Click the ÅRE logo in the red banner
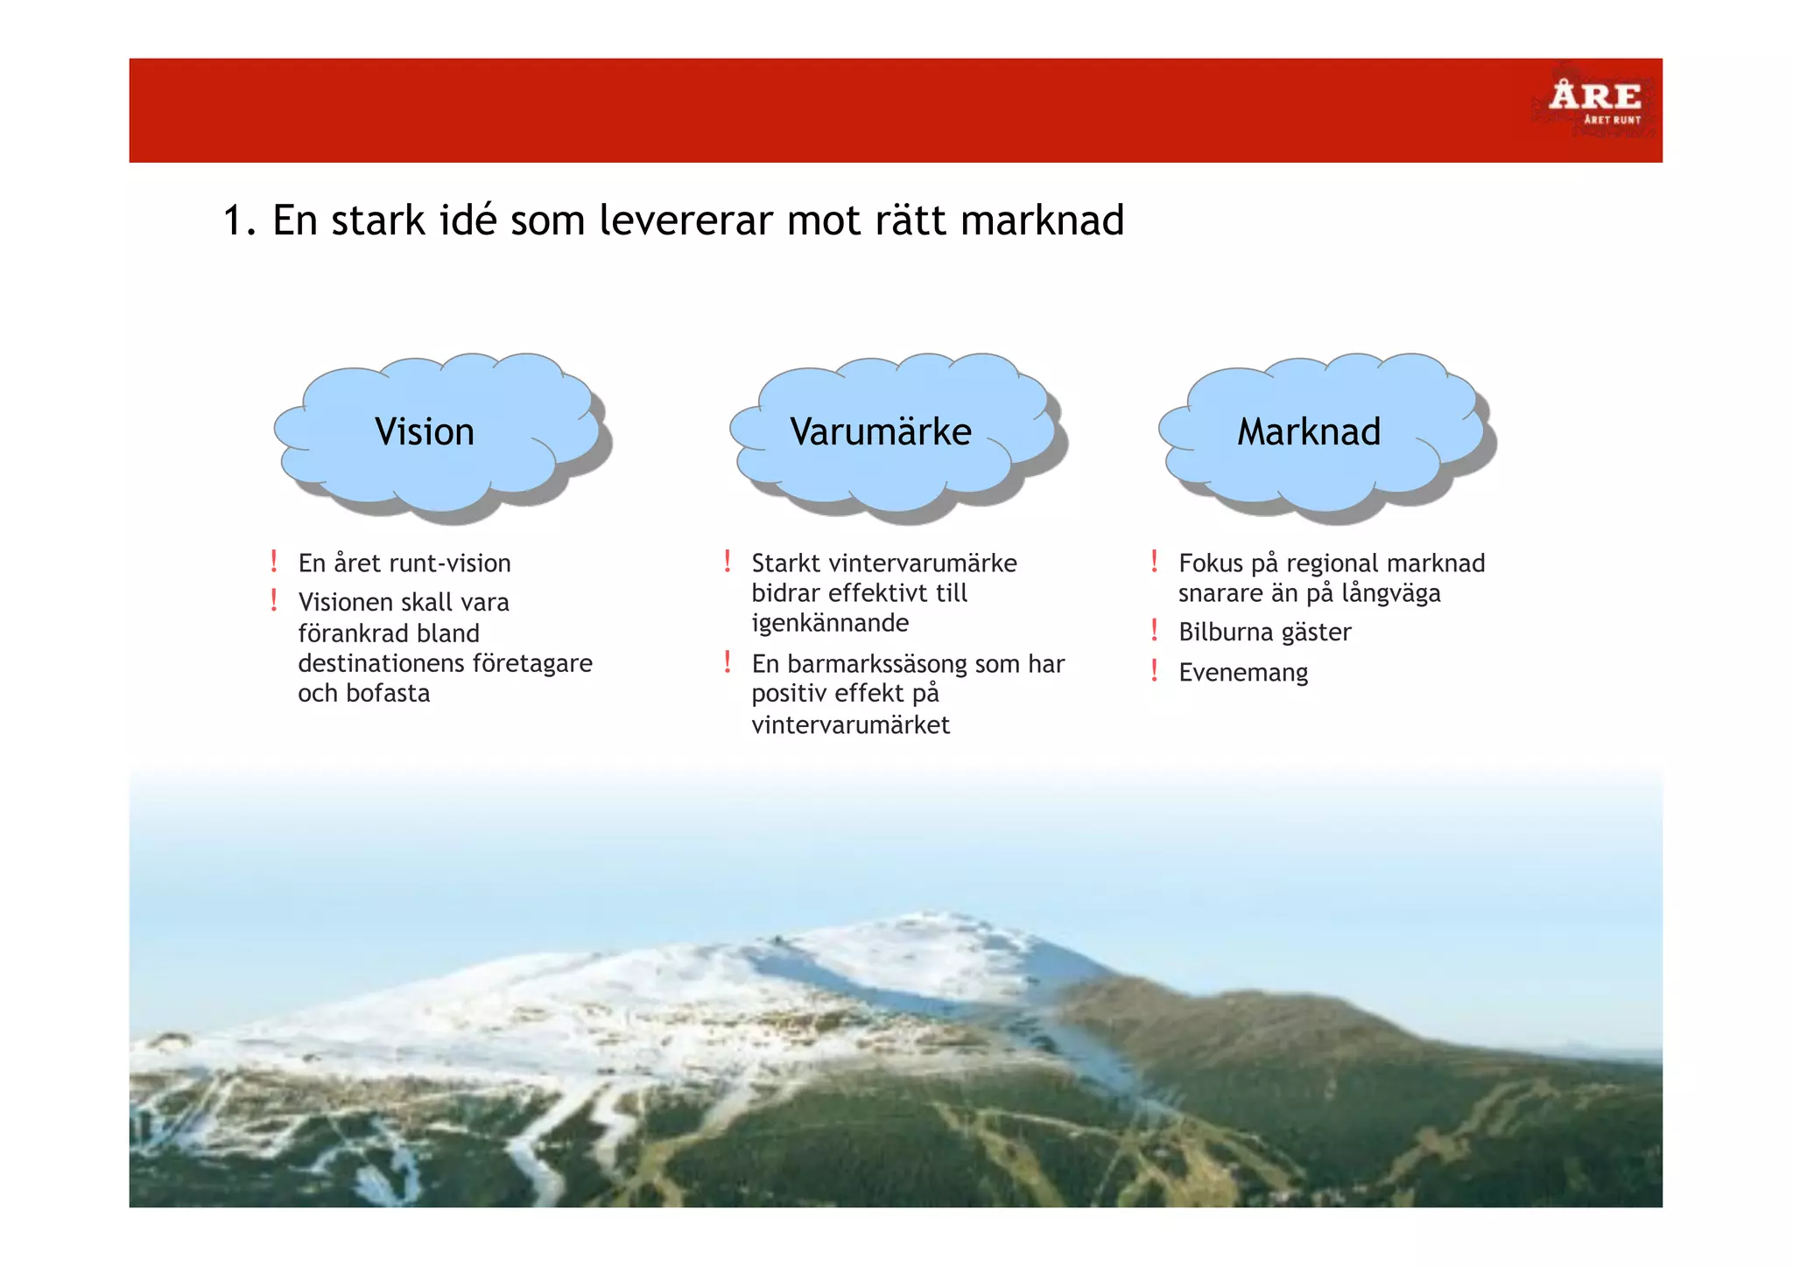[1594, 99]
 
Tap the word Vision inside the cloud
[425, 432]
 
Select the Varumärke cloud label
[881, 432]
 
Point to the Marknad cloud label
[1309, 432]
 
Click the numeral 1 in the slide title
[232, 220]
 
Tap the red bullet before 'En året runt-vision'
[274, 561]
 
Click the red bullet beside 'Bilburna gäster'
[1155, 630]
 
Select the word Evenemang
[1243, 673]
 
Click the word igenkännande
[830, 624]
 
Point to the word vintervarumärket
[850, 725]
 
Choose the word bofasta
[388, 694]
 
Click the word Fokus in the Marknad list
[1211, 563]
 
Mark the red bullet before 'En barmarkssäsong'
[728, 661]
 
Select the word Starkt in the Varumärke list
[785, 563]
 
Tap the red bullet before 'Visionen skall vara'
[274, 600]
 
